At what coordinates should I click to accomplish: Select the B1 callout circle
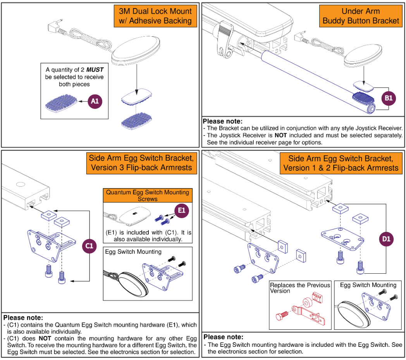[x=388, y=98]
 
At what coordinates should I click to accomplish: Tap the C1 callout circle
[x=89, y=245]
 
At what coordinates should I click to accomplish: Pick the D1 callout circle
[x=386, y=240]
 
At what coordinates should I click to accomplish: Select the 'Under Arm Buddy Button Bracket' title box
[x=361, y=16]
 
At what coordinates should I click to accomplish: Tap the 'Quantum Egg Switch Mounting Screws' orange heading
[x=148, y=195]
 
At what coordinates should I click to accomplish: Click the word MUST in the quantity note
[x=95, y=70]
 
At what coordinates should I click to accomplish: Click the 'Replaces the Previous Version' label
[x=300, y=288]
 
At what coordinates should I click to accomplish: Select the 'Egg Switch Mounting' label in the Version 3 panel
[x=133, y=252]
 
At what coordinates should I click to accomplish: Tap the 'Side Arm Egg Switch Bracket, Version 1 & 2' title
[x=341, y=163]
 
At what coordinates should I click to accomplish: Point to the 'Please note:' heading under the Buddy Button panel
[x=222, y=121]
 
